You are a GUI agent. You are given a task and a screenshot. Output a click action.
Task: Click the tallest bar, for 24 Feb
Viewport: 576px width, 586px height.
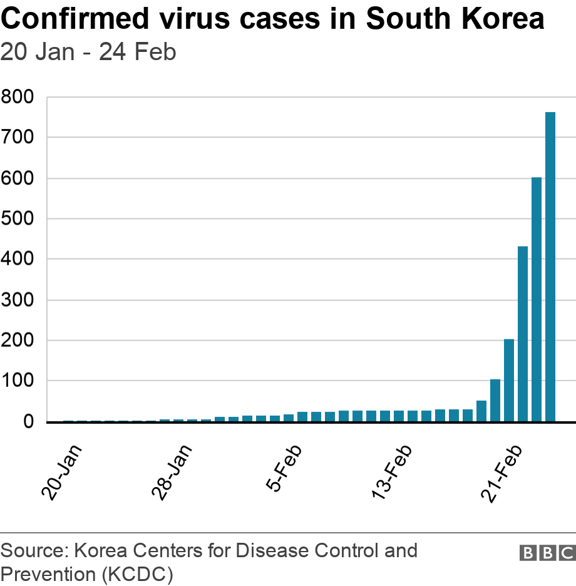[x=550, y=267]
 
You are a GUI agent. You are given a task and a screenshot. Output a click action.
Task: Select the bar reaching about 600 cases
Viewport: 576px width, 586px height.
[x=537, y=299]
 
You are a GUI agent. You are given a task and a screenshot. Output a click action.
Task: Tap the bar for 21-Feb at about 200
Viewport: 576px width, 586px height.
[x=509, y=380]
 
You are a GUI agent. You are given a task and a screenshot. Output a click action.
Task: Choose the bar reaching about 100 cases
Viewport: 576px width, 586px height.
[x=495, y=401]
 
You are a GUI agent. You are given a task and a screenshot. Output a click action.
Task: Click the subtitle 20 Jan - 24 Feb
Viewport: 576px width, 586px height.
[x=88, y=52]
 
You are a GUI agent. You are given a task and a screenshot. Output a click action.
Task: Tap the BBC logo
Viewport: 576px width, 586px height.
[x=547, y=553]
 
